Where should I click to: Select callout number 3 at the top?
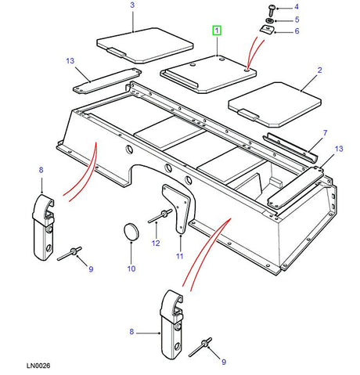coord(132,6)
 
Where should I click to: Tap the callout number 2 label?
coord(319,70)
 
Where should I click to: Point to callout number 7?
coord(326,134)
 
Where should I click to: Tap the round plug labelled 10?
coord(131,232)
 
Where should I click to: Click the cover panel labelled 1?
coord(210,71)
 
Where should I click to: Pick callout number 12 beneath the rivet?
coord(156,243)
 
